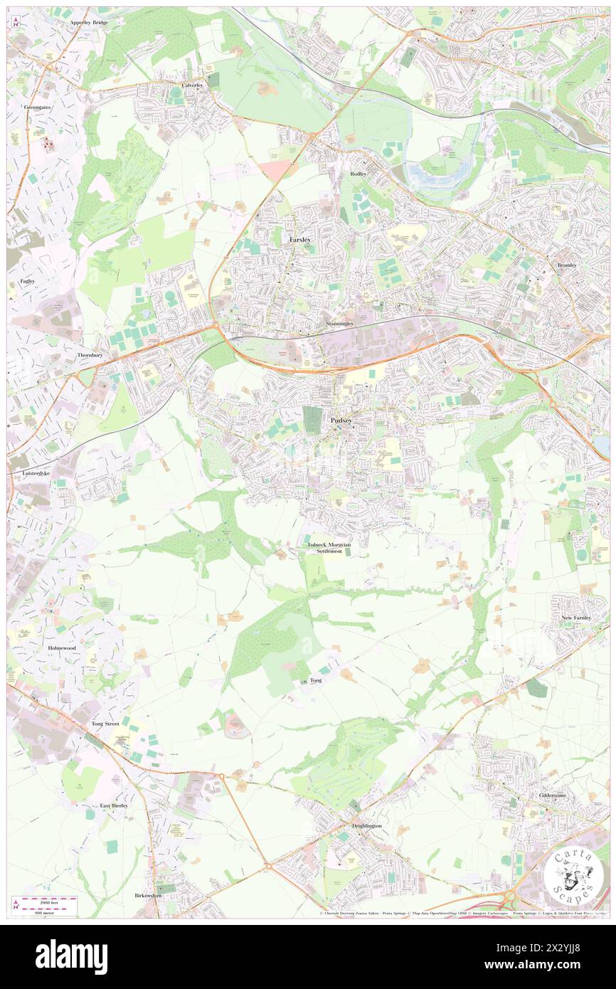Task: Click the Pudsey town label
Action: [x=341, y=421]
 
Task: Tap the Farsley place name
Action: [x=300, y=240]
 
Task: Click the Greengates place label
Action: [x=37, y=107]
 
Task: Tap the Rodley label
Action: [x=358, y=174]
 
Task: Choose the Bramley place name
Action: [x=566, y=265]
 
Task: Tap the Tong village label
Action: [x=316, y=680]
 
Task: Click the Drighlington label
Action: [x=367, y=825]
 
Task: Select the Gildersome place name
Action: [x=551, y=795]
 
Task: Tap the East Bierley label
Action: [x=114, y=806]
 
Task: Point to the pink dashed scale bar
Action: [x=46, y=903]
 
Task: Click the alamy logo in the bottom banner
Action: [x=71, y=957]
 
